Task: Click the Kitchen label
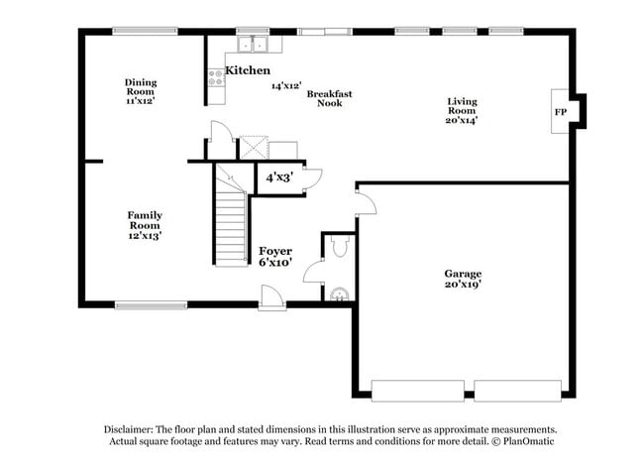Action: coord(248,70)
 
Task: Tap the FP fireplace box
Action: coord(560,112)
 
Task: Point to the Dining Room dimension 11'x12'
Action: coord(140,100)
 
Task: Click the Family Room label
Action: coord(145,215)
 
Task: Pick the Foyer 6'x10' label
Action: coord(275,257)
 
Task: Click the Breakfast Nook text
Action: coord(329,98)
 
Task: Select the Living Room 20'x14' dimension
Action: coord(462,120)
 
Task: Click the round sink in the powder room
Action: coord(340,293)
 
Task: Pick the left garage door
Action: coord(408,389)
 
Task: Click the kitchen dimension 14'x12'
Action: coord(286,86)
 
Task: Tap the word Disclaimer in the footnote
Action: coord(133,429)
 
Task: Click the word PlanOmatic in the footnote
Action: coord(531,441)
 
